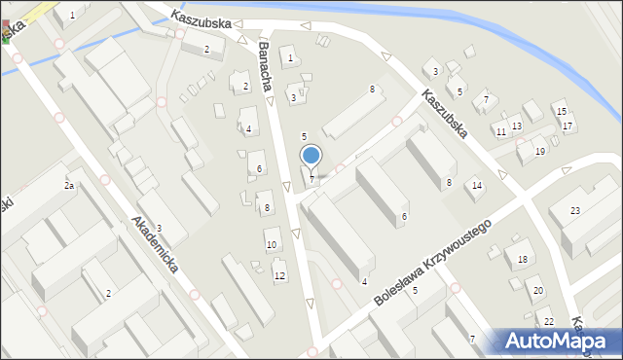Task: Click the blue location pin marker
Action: (x=311, y=156)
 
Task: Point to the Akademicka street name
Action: (x=154, y=244)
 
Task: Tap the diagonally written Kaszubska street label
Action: (x=447, y=114)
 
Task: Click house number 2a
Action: (x=69, y=185)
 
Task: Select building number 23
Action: (x=575, y=211)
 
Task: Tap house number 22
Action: (x=549, y=322)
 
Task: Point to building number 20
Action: (x=538, y=291)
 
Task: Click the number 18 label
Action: (x=523, y=259)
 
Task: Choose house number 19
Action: (x=539, y=152)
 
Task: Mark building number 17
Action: (x=568, y=126)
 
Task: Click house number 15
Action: (x=562, y=112)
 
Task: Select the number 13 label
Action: (x=517, y=126)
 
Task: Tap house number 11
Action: (x=500, y=131)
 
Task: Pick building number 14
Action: (x=477, y=185)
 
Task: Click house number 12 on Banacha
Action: (x=279, y=276)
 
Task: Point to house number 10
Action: (x=272, y=244)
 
